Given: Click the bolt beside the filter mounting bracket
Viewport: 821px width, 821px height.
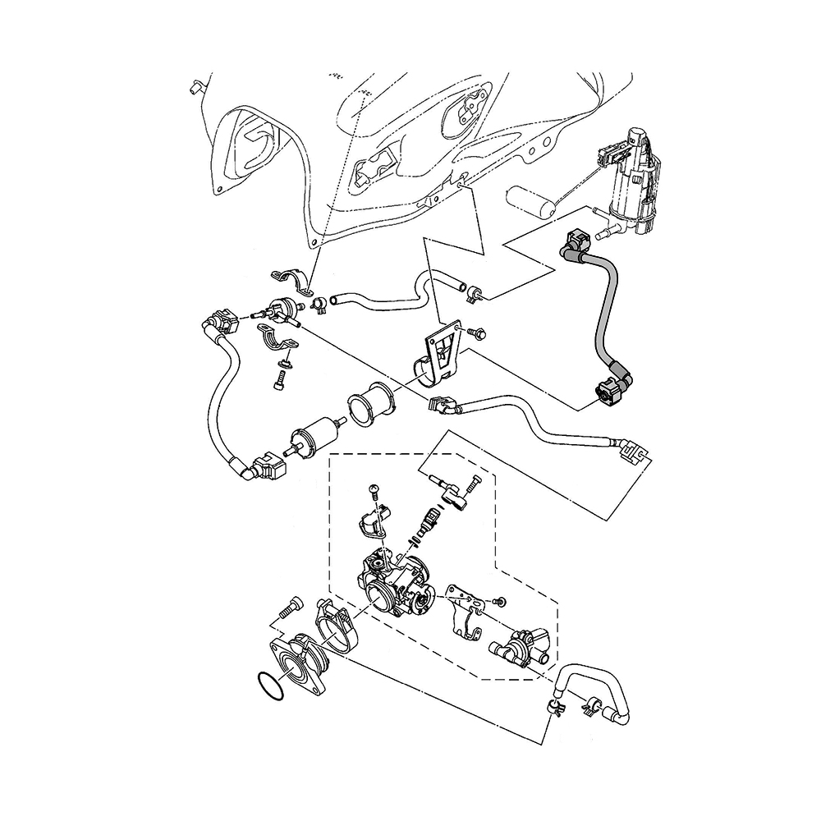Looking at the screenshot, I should coord(479,333).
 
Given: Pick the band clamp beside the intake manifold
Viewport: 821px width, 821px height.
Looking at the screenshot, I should coord(336,627).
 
